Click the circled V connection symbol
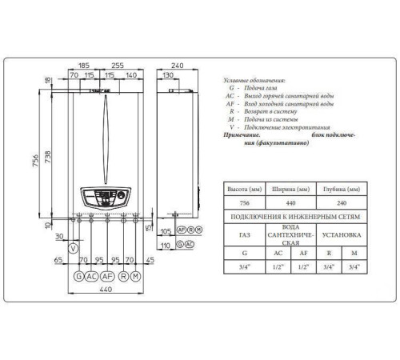(74, 248)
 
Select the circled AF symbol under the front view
(106, 276)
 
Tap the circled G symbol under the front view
(78, 276)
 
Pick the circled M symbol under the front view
(135, 276)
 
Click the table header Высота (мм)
(245, 189)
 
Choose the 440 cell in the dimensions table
(291, 203)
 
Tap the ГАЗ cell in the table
(245, 236)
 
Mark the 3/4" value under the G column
(245, 267)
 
